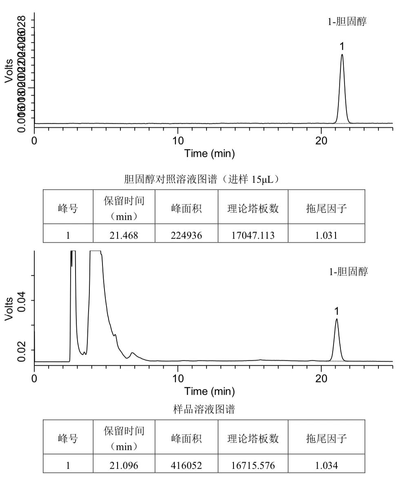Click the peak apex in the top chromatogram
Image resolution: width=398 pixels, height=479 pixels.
tap(342, 55)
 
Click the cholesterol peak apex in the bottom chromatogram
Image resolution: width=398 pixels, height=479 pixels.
tap(336, 319)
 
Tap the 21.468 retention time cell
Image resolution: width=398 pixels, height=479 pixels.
tap(124, 235)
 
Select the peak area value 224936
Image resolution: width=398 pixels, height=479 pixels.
tap(186, 235)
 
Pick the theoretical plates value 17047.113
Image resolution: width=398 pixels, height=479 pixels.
tap(253, 235)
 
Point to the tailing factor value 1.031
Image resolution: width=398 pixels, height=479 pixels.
tap(326, 235)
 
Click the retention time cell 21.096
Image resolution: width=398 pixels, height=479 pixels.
tap(124, 466)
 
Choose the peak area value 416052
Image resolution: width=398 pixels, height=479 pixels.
tap(186, 466)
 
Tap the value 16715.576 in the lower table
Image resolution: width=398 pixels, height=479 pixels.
tap(253, 466)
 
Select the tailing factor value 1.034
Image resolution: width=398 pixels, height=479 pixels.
tap(326, 466)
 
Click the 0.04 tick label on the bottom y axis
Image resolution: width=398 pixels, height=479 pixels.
tap(21, 300)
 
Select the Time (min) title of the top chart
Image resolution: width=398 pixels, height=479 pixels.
tap(209, 154)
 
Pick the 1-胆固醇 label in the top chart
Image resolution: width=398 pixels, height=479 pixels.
tap(347, 22)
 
